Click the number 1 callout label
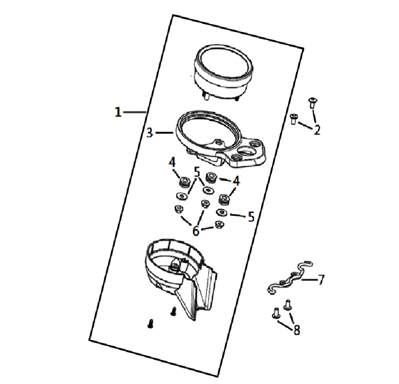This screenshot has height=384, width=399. (118, 112)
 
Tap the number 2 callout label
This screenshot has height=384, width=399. (317, 130)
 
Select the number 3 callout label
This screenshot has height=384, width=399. (150, 133)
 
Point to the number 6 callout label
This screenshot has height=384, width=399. (196, 231)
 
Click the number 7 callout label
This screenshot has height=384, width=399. (321, 279)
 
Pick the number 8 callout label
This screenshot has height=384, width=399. (297, 330)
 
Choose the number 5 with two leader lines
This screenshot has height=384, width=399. (197, 172)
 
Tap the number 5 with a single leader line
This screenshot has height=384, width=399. (251, 217)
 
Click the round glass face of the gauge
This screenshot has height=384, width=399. (223, 65)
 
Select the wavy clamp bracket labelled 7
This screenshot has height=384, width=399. (290, 278)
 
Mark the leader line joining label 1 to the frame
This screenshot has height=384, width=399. (134, 112)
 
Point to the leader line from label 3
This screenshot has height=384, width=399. (164, 133)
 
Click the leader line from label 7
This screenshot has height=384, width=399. (310, 279)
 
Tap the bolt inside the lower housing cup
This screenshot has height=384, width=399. (175, 266)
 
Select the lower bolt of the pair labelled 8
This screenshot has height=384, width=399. (276, 313)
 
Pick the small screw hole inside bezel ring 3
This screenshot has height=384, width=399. (218, 143)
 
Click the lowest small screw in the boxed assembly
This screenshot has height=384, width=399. (150, 323)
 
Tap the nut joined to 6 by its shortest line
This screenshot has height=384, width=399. (219, 225)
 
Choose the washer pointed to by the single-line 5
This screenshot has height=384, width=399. (221, 212)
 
